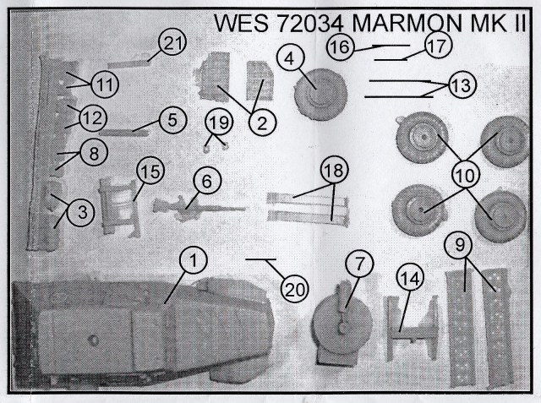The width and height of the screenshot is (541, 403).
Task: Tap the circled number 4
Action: [290, 58]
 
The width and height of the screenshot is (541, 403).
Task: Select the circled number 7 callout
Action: [358, 264]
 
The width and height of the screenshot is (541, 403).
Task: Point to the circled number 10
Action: [464, 175]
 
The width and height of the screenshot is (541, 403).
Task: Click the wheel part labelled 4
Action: [319, 91]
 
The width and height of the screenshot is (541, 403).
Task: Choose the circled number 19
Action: [218, 123]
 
